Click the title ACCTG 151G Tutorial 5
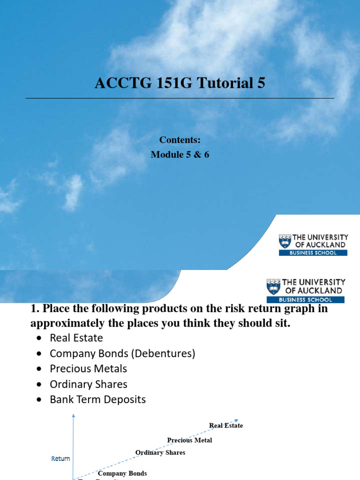tap(180, 83)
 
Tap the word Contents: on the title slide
tap(180, 140)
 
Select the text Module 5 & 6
tap(180, 155)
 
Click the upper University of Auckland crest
tap(285, 241)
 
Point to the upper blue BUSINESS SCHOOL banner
tap(313, 253)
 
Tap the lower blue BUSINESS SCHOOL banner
tap(305, 300)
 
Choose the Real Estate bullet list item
tap(76, 338)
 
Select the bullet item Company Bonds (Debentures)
tap(122, 353)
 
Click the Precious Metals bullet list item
tap(89, 369)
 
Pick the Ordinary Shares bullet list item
tap(89, 384)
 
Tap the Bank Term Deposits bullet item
tap(98, 400)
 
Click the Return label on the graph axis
tap(60, 458)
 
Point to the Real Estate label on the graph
tap(226, 426)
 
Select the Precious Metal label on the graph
tap(189, 440)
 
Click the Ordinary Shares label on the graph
tap(160, 452)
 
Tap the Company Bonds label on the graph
tap(122, 473)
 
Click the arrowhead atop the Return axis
tap(73, 416)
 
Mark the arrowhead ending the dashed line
tap(237, 420)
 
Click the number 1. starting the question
tap(35, 309)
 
